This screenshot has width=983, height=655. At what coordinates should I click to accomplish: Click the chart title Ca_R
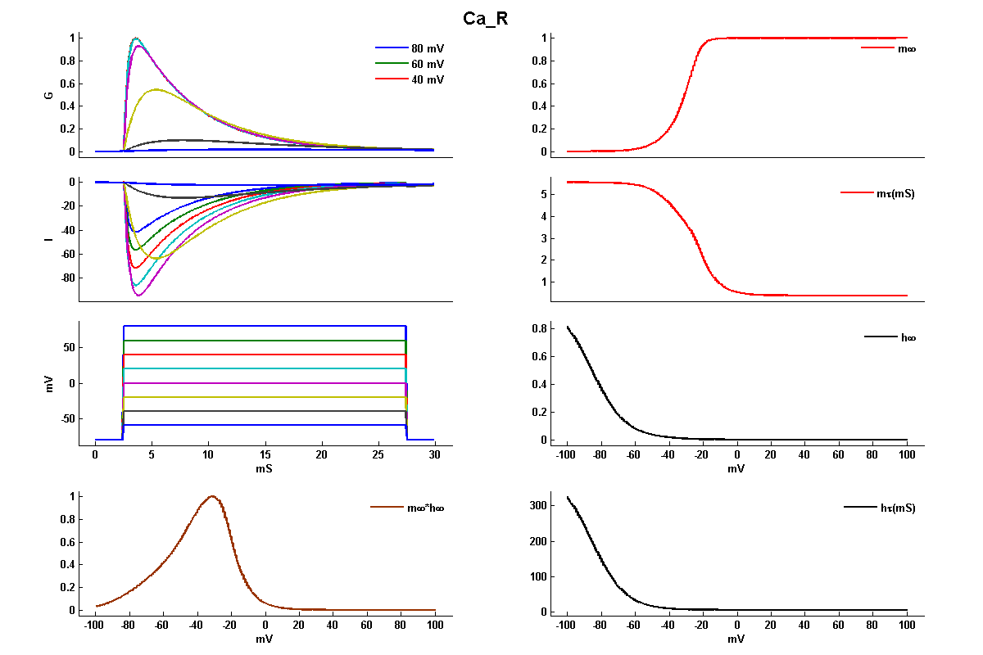click(x=486, y=19)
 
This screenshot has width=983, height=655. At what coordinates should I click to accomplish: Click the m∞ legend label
click(x=906, y=49)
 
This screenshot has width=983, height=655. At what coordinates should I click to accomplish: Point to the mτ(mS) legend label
click(x=895, y=194)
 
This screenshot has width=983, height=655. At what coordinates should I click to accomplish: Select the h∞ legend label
click(x=908, y=337)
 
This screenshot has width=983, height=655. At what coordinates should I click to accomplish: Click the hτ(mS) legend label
click(x=897, y=508)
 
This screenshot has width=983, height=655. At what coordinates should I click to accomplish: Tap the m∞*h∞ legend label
click(x=425, y=508)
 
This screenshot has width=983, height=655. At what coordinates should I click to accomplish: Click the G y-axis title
click(x=49, y=95)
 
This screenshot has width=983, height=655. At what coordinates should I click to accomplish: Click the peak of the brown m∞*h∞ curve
click(x=212, y=496)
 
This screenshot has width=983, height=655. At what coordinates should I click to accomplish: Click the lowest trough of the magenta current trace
click(x=139, y=295)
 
